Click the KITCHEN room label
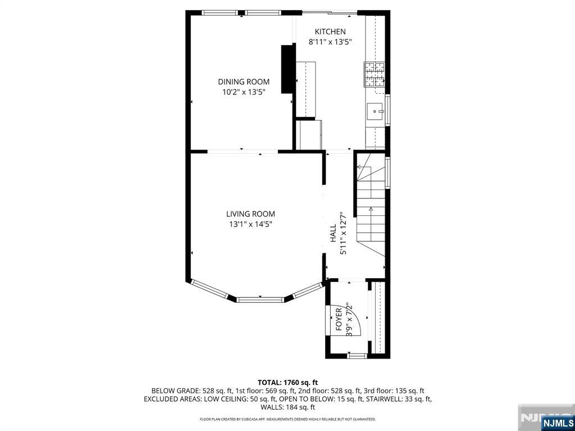point(330,31)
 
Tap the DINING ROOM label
point(244,82)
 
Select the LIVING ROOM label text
point(250,214)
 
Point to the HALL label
point(333,233)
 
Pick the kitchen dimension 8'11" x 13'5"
point(330,42)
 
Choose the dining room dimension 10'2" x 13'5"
point(244,92)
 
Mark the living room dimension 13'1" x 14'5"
point(250,224)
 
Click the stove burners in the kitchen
point(374,75)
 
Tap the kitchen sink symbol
point(375,111)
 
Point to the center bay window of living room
point(261,300)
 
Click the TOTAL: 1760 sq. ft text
point(287,383)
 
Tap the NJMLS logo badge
point(558,422)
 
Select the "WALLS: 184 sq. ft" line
point(287,407)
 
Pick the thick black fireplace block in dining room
point(288,69)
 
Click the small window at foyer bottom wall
point(357,355)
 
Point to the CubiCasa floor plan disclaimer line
point(287,419)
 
